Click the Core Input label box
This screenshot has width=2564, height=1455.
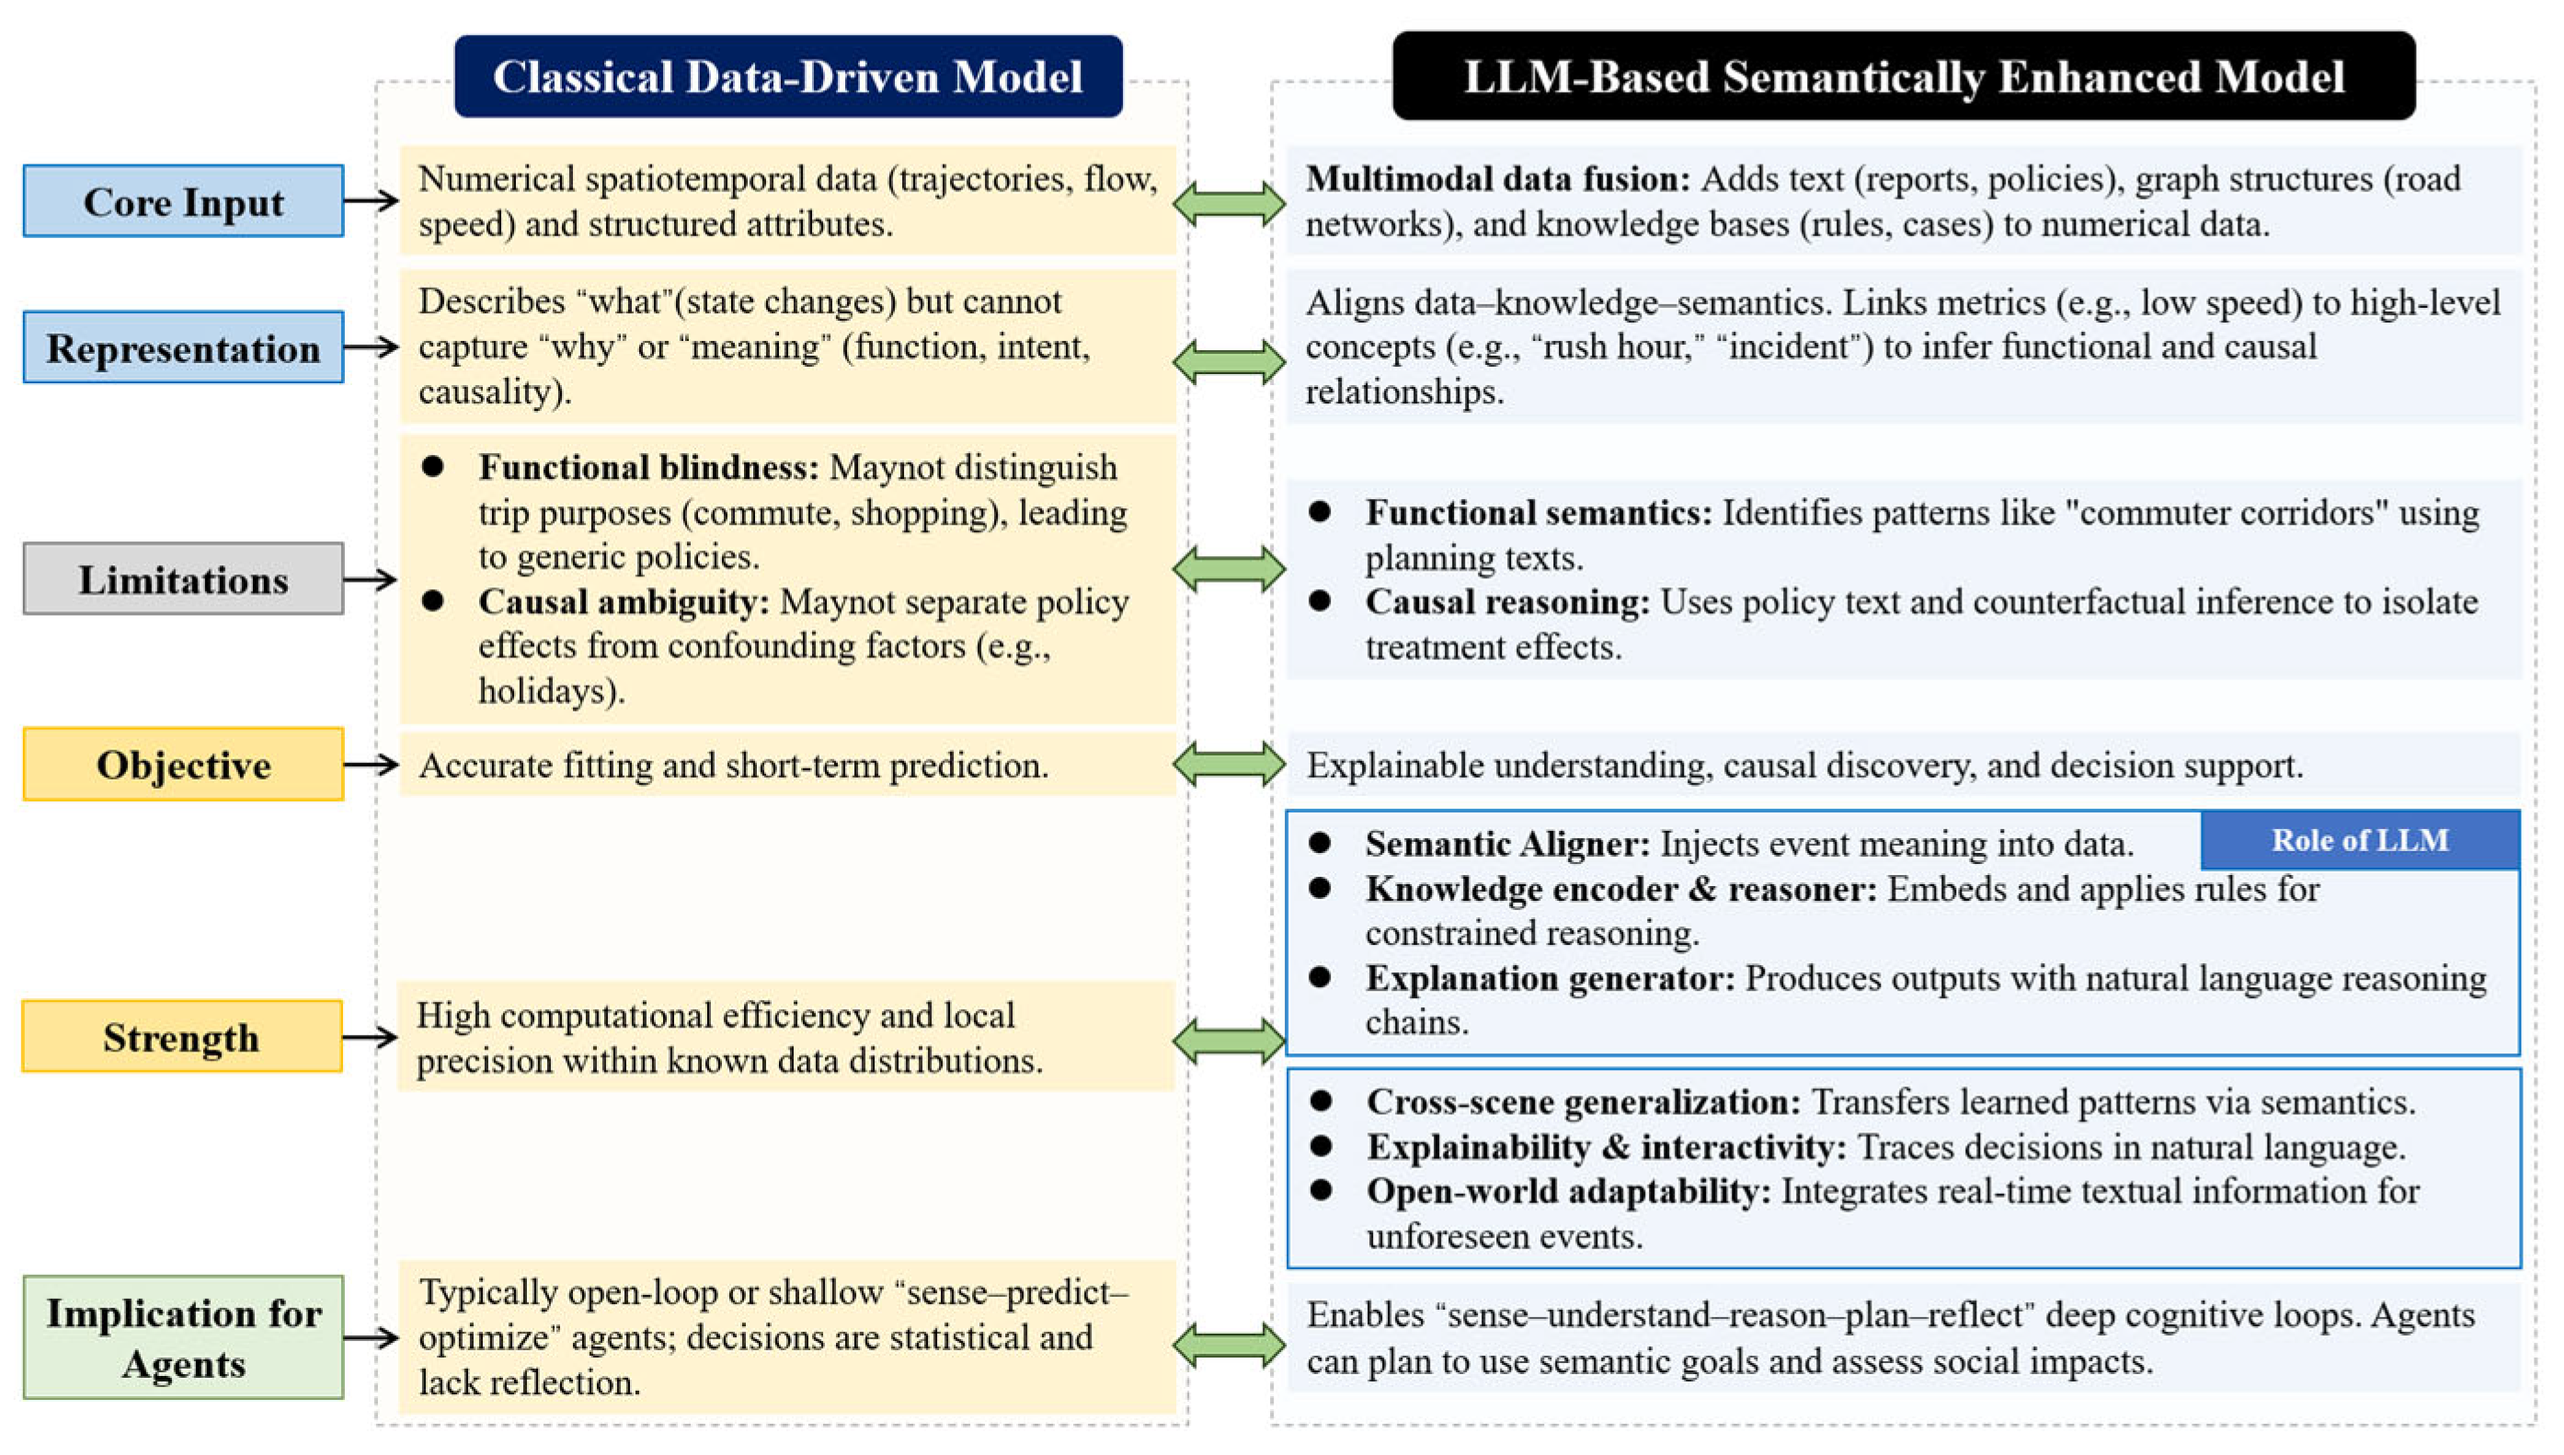click(183, 201)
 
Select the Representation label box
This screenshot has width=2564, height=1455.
click(183, 347)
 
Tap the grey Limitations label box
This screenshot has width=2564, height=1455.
click(183, 579)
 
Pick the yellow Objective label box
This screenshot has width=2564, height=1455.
click(183, 765)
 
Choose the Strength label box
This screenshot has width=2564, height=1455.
click(182, 1036)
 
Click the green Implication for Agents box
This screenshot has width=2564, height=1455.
click(183, 1337)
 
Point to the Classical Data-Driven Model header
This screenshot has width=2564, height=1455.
click(788, 77)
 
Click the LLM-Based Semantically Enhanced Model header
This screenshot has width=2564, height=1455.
click(1904, 77)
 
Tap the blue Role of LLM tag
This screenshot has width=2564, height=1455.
click(2359, 840)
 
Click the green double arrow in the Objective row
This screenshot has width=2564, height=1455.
click(1229, 765)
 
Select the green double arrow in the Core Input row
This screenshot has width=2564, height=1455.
click(1229, 204)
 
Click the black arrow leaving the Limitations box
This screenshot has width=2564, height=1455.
click(370, 579)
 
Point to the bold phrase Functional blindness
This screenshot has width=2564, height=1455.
click(647, 467)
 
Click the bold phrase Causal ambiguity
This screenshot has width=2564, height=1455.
click(623, 602)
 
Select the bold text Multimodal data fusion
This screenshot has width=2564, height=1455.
click(1496, 179)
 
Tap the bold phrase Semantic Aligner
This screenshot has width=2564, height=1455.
click(1507, 844)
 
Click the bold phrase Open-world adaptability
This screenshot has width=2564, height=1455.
click(1568, 1191)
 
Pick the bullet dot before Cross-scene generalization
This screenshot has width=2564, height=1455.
click(1322, 1100)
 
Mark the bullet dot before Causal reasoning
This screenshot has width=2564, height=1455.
click(1320, 600)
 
